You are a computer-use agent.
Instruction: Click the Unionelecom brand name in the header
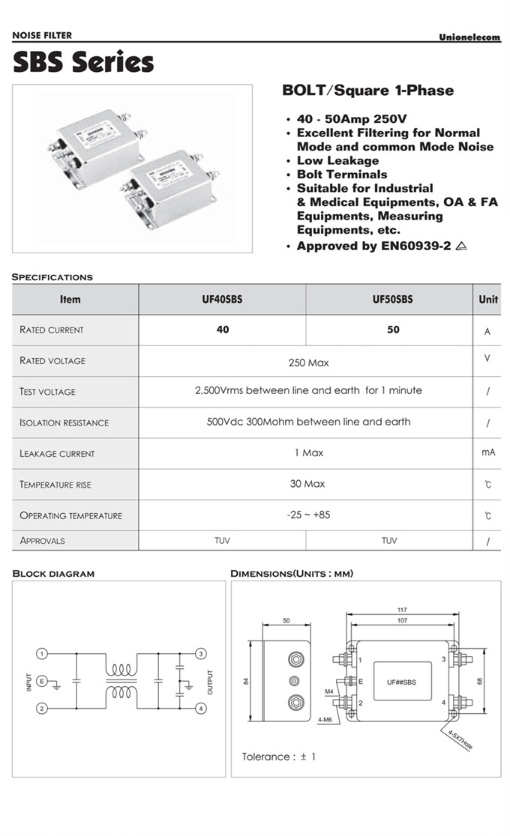point(469,37)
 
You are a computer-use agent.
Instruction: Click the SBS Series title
point(83,62)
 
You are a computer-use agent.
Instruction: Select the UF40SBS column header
point(222,299)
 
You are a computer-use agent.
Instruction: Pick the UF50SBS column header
point(392,299)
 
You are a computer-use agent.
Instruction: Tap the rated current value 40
point(222,330)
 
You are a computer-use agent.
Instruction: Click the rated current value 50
point(393,330)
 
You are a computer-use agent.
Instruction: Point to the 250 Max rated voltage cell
point(308,363)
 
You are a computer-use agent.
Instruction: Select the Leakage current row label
point(57,453)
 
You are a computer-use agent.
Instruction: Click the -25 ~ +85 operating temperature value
point(307,515)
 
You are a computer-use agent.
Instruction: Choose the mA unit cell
point(487,452)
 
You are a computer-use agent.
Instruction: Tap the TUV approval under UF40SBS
point(222,540)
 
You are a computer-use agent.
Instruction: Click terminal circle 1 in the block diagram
point(43,654)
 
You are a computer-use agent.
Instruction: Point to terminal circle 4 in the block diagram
point(201,708)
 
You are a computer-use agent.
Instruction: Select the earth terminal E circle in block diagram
point(43,680)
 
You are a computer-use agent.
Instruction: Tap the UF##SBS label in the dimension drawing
point(401,682)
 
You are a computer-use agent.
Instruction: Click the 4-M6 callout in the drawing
point(325,720)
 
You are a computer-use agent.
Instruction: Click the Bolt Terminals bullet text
point(342,174)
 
